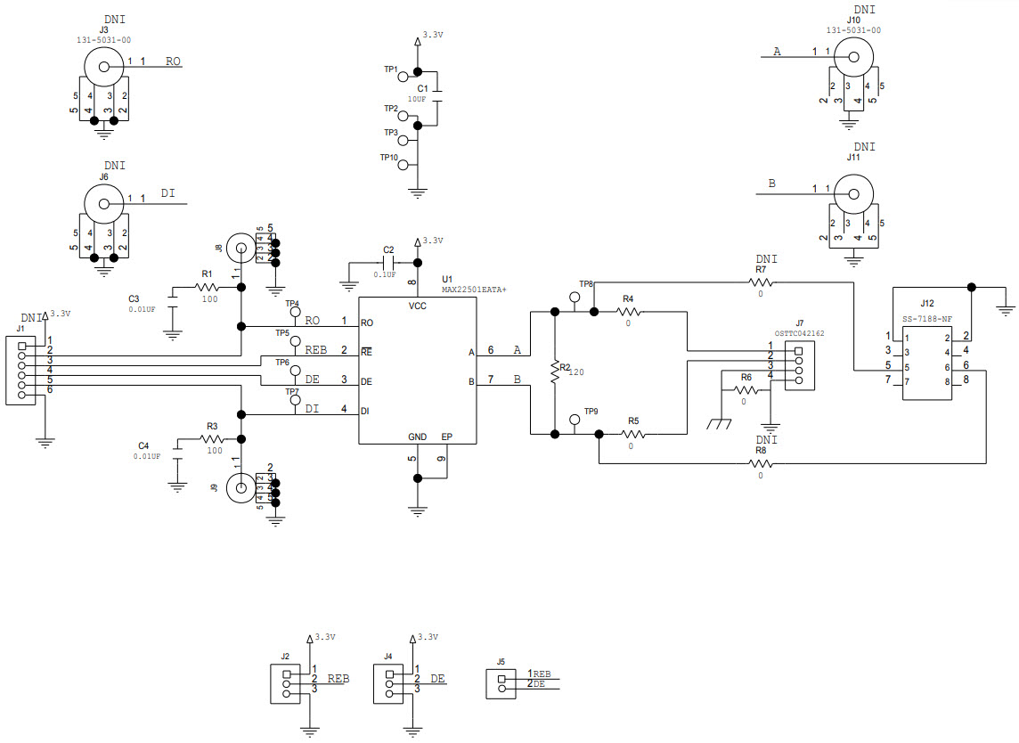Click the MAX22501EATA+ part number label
tap(474, 290)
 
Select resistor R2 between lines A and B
tap(554, 371)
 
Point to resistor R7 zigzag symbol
tap(760, 282)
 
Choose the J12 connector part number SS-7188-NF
tap(927, 318)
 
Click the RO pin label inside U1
tap(366, 322)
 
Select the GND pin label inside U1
tap(417, 437)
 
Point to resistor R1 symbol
tap(207, 287)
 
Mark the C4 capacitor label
tap(144, 445)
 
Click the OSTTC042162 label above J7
tap(799, 333)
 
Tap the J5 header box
tap(501, 684)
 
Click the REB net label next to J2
tap(338, 679)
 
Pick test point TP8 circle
tap(575, 297)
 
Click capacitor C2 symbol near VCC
tap(388, 264)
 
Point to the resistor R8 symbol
tap(760, 463)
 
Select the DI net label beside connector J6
tap(167, 192)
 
